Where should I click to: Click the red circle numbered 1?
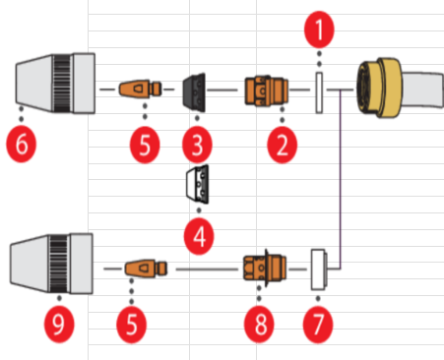click(x=319, y=30)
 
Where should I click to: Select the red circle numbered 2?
click(x=283, y=145)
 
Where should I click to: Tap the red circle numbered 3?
click(x=197, y=145)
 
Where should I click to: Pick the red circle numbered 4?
click(x=199, y=236)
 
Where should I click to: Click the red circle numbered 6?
click(x=22, y=144)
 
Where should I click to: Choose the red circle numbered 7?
click(x=318, y=325)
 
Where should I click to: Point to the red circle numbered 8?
click(x=259, y=325)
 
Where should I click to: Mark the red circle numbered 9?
click(x=59, y=325)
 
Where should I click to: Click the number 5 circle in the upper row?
click(x=145, y=145)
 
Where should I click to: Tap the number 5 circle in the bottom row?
click(x=132, y=325)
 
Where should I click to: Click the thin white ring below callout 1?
click(x=319, y=92)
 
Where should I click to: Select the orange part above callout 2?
click(x=267, y=90)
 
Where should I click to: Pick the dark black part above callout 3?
click(x=194, y=92)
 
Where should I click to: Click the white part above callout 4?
click(x=197, y=185)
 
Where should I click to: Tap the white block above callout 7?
click(x=319, y=270)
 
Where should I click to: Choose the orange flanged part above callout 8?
click(x=265, y=268)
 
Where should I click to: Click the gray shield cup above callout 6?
click(x=55, y=84)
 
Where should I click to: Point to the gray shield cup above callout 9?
click(x=51, y=264)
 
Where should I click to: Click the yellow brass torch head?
click(x=379, y=87)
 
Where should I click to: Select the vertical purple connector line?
click(x=341, y=179)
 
